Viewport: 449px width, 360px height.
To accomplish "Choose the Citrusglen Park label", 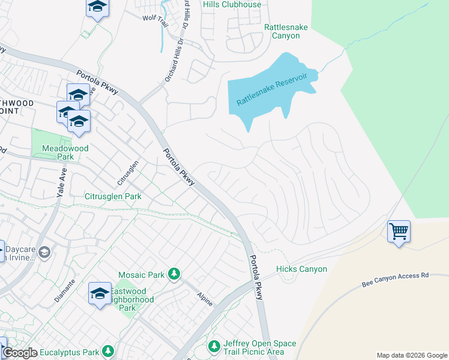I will point(113,196).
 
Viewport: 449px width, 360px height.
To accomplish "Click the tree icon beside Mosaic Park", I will point(174,274).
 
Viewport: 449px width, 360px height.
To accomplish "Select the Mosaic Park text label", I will point(141,275).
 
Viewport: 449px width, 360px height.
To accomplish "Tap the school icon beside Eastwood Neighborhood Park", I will point(100,293).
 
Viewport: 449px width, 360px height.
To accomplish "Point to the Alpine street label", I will point(205,299).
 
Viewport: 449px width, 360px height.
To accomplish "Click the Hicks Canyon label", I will point(301,269).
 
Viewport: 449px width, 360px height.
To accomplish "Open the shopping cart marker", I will point(399,230).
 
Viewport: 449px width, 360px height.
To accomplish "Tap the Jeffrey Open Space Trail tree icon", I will point(214,347).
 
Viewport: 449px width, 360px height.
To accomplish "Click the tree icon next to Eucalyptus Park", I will point(107,350).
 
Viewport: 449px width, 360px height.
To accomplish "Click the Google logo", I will point(20,353).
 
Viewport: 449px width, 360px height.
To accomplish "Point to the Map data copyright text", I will point(411,355).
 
